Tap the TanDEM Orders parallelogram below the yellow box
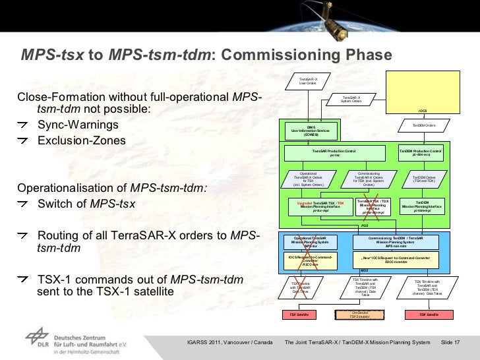coord(424,125)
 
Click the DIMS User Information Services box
coord(310,130)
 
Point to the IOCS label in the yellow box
coord(423,110)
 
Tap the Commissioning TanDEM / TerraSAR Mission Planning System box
coord(396,241)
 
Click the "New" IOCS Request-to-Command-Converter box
coord(396,260)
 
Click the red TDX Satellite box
coord(429,315)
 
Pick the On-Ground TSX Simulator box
coord(359,315)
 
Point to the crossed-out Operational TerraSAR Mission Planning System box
coord(310,241)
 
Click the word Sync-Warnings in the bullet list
coord(78,125)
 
